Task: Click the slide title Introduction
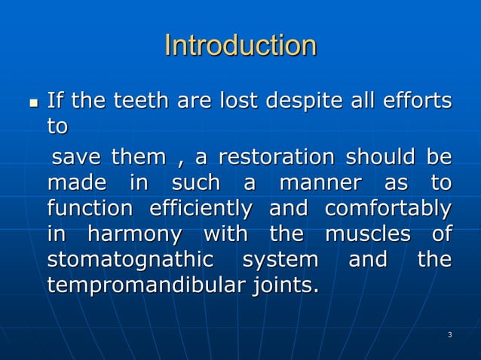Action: [x=240, y=46]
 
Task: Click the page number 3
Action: [x=449, y=334]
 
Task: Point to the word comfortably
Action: [x=388, y=209]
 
